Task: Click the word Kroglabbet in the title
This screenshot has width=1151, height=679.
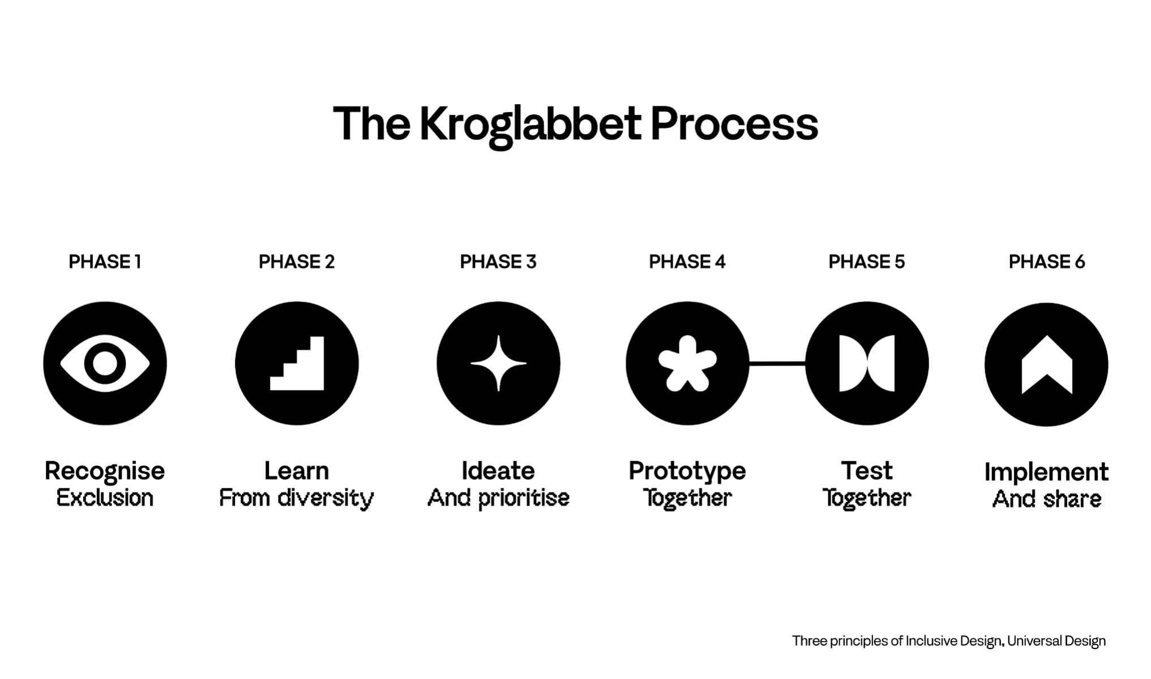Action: tap(530, 124)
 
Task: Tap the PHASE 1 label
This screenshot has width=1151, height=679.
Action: tap(105, 262)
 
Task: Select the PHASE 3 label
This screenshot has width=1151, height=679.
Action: tap(498, 262)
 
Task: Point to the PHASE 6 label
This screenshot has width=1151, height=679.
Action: tap(1047, 262)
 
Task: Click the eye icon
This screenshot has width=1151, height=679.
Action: tap(105, 363)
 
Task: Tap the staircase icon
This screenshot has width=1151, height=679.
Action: tap(297, 363)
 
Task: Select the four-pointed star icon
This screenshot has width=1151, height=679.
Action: tap(498, 363)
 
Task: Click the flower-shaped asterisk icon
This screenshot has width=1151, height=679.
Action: tap(687, 363)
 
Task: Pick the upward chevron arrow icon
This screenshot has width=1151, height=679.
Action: tap(1047, 364)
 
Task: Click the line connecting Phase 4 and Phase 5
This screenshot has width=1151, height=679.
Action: tap(777, 363)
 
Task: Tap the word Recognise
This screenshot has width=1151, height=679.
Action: tap(105, 471)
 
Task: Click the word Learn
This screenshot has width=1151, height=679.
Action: tap(297, 471)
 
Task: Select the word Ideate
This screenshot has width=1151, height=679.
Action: tap(498, 471)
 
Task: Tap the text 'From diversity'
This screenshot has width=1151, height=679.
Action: tap(297, 498)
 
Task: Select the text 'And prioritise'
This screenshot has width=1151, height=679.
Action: tap(498, 498)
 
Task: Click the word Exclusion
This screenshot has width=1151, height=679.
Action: tap(105, 498)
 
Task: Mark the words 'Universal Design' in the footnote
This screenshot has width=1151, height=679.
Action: tap(1056, 641)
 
